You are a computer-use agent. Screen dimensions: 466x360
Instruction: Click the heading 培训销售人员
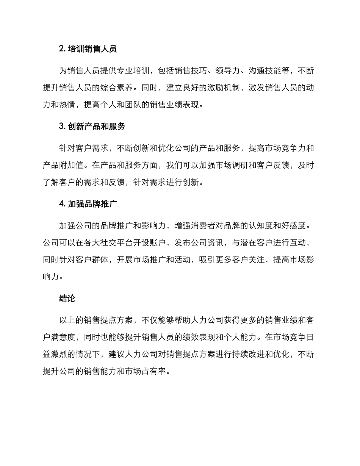tap(92, 48)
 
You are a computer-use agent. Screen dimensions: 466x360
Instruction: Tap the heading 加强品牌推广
tap(92, 204)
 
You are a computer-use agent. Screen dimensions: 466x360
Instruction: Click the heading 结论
tap(67, 299)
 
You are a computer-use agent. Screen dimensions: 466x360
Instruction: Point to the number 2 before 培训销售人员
tap(61, 48)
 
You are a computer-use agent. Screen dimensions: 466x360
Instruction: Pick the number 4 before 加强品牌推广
tap(61, 204)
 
